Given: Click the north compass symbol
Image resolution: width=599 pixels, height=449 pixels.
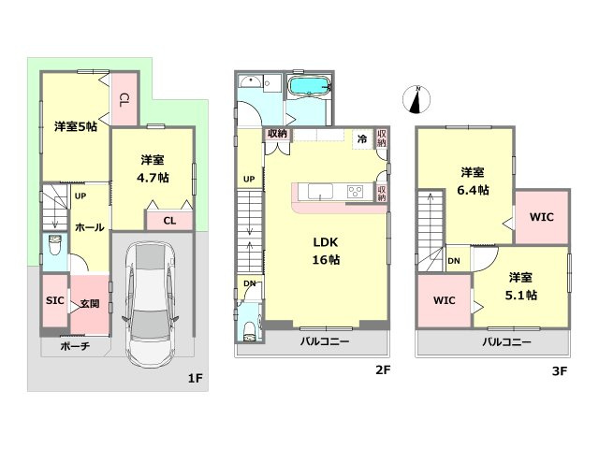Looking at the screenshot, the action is pos(416,100).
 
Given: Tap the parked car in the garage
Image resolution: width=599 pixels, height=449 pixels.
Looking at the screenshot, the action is pos(150,304).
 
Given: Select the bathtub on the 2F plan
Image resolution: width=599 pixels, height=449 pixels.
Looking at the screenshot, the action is pos(309,86).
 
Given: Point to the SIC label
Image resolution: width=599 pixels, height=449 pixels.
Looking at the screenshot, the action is pos(54,300).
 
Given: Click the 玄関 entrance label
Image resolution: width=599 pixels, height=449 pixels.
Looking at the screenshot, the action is pos(90,303).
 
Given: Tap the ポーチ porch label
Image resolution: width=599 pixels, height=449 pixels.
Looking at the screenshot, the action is pos(75,346).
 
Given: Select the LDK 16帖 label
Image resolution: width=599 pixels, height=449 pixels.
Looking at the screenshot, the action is pos(326,251).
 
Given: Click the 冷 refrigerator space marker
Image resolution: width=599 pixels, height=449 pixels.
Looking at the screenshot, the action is pos(362,138).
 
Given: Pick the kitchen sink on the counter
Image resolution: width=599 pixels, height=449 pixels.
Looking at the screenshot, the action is pos(320,191).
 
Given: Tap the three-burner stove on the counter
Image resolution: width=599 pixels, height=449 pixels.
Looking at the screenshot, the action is pos(356,191).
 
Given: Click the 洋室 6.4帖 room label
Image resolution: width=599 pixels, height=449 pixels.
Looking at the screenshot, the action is pos(473,181).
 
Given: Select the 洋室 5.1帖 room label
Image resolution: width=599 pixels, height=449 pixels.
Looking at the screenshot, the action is pos(521,286).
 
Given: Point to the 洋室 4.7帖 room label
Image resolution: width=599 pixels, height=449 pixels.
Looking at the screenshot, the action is pos(153,168).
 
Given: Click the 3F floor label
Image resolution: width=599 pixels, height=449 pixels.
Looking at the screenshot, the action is pos(560,370).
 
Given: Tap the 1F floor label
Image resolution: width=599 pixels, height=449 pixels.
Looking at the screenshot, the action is pos(195,378).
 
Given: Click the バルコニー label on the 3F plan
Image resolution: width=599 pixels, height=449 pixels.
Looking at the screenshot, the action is pos(506,341).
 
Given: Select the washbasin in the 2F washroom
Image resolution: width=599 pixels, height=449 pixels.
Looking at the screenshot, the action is pos(250,82).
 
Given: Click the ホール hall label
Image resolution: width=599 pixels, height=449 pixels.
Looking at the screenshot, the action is pos(90,227).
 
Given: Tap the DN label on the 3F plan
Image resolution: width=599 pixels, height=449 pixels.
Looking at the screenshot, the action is pos(454,261).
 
